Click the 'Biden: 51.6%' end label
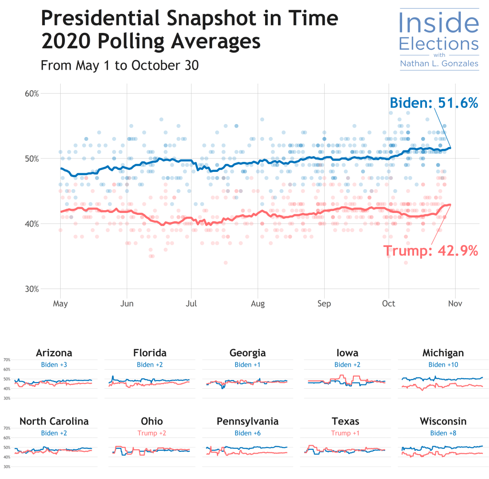pos(434,103)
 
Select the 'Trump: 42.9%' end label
pos(430,251)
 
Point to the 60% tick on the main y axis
pos(32,93)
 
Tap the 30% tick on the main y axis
pos(32,289)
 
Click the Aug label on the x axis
pos(258,303)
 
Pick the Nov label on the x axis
pos(455,303)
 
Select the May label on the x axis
pos(60,303)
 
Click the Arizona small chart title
pos(54,353)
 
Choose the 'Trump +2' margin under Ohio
pos(151,433)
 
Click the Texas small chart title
pos(346,421)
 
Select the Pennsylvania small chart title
pos(247,421)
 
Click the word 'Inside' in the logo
pos(438,23)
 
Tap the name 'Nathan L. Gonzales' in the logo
pos(438,64)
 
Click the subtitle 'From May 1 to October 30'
pos(119,65)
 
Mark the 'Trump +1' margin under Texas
pos(346,433)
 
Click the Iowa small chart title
pos(346,353)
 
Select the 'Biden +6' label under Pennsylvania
pos(247,433)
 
